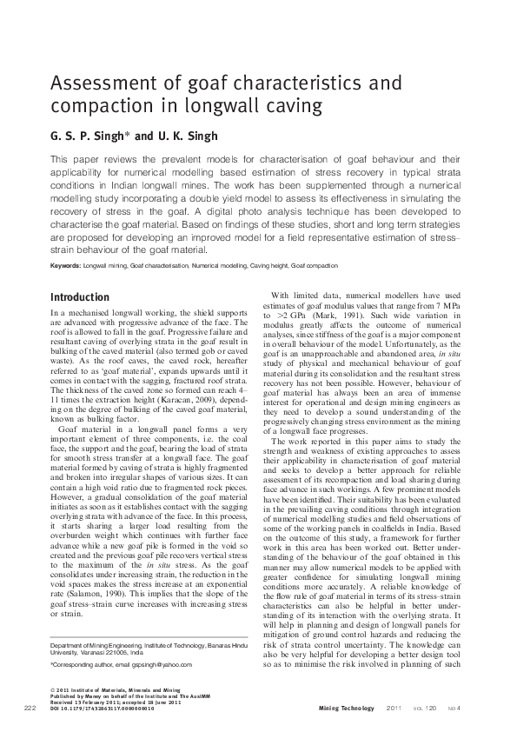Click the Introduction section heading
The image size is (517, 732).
80,296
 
